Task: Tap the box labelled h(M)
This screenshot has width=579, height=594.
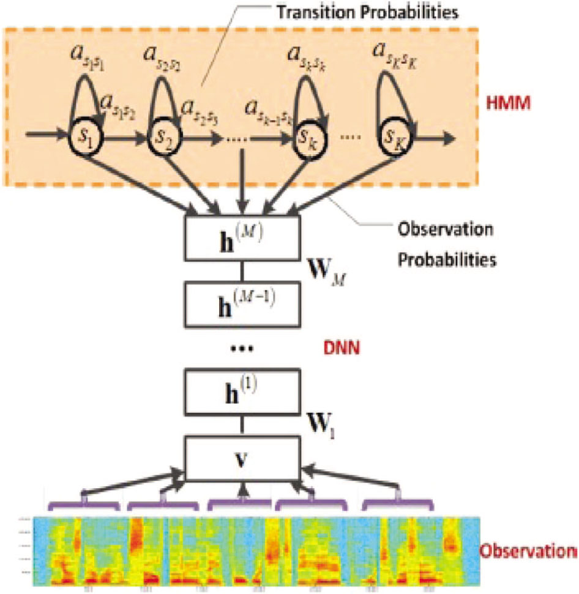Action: (x=243, y=238)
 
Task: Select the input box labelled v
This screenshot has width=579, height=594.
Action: (x=243, y=459)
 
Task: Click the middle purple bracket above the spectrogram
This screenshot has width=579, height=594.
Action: (x=243, y=503)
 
